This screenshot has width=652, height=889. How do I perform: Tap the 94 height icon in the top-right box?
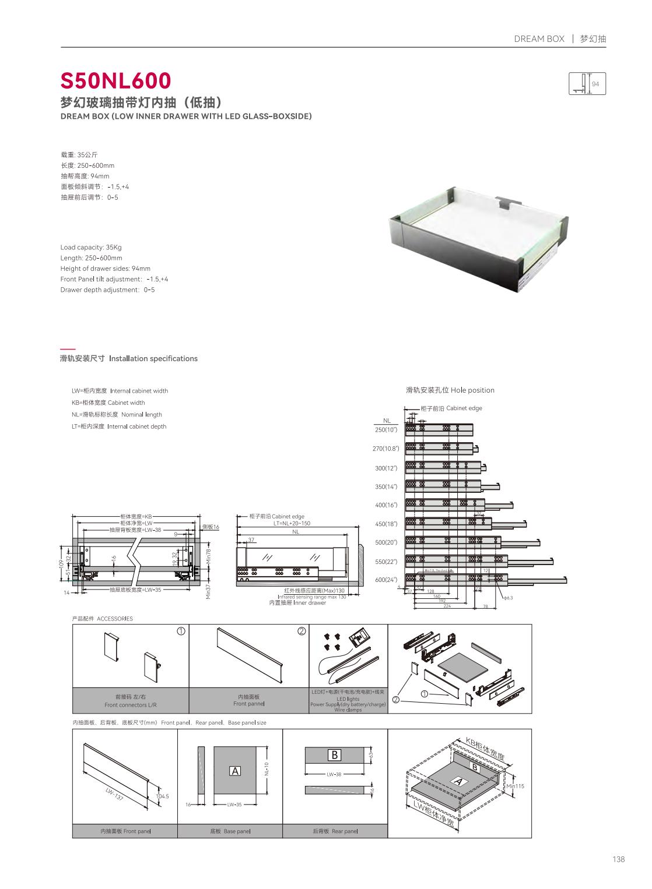pyautogui.click(x=587, y=84)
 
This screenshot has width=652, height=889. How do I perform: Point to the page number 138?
pyautogui.click(x=618, y=859)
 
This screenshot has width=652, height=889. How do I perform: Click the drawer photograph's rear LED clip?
pyautogui.click(x=504, y=204)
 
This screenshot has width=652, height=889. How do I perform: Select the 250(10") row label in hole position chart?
pyautogui.click(x=385, y=430)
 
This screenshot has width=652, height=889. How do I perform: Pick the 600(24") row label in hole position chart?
pyautogui.click(x=385, y=580)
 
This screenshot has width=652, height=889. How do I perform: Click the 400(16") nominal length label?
pyautogui.click(x=385, y=505)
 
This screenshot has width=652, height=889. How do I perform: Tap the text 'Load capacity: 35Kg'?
pyautogui.click(x=91, y=247)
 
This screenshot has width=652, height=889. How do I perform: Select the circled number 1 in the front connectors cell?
pyautogui.click(x=181, y=631)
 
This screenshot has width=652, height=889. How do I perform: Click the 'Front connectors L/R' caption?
pyautogui.click(x=131, y=704)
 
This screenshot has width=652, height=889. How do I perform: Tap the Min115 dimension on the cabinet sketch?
pyautogui.click(x=515, y=786)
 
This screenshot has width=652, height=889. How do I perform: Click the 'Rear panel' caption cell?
pyautogui.click(x=335, y=831)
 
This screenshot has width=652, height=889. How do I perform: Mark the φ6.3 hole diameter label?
pyautogui.click(x=508, y=598)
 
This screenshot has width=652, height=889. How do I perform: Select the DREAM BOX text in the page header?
pyautogui.click(x=539, y=39)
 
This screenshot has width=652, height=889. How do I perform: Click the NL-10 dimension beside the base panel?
pyautogui.click(x=266, y=769)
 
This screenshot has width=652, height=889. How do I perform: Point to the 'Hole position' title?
pyautogui.click(x=450, y=390)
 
